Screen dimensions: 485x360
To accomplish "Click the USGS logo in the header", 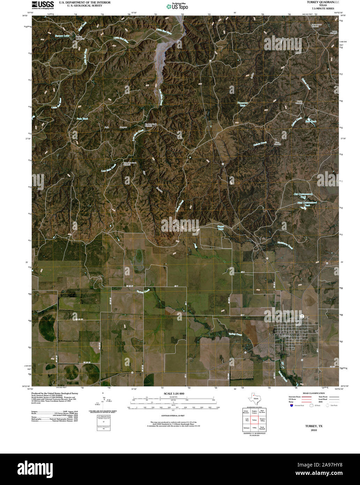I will [43, 5].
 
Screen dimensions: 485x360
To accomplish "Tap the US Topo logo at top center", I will [177, 6].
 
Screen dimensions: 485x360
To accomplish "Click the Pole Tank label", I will [82, 119].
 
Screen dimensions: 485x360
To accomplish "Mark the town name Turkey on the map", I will [286, 336].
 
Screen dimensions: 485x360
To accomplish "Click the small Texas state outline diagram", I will [254, 399].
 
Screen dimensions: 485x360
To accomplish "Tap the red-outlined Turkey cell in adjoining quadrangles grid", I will [254, 420].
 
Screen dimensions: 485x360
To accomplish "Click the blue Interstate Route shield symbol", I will [291, 405].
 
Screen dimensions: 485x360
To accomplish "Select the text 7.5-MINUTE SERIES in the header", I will [323, 8].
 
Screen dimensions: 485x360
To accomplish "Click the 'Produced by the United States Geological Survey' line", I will [55, 393].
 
